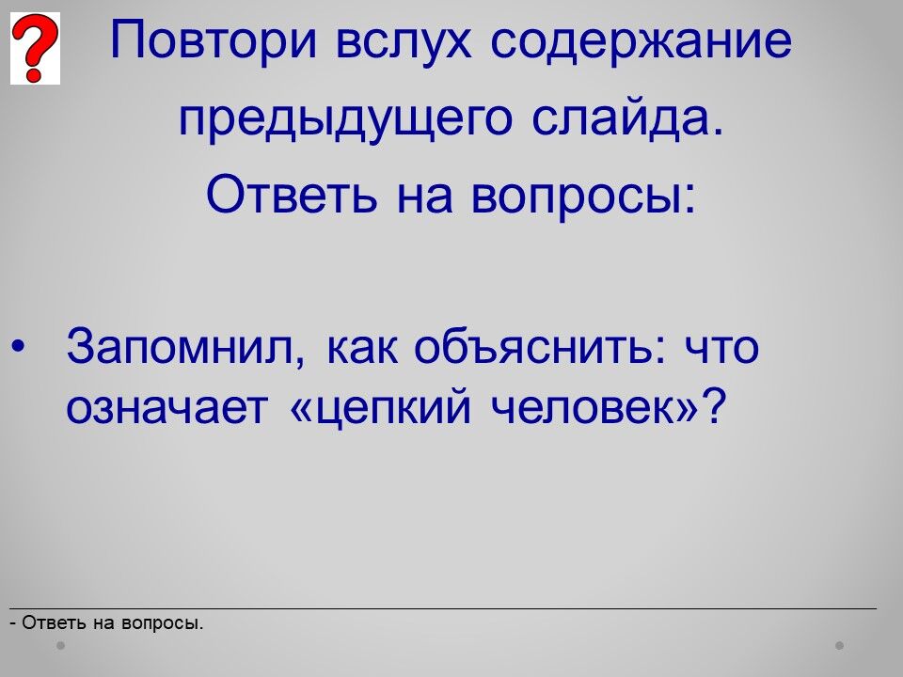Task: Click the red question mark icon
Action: tap(35, 48)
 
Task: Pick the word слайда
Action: tap(627, 118)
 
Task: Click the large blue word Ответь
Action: tap(292, 194)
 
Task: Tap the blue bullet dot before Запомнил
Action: tap(18, 347)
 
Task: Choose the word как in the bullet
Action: tap(361, 348)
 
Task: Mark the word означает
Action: tap(167, 407)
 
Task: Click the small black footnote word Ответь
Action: tap(55, 622)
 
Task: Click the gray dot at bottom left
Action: tap(60, 646)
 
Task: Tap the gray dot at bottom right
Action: tap(840, 646)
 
